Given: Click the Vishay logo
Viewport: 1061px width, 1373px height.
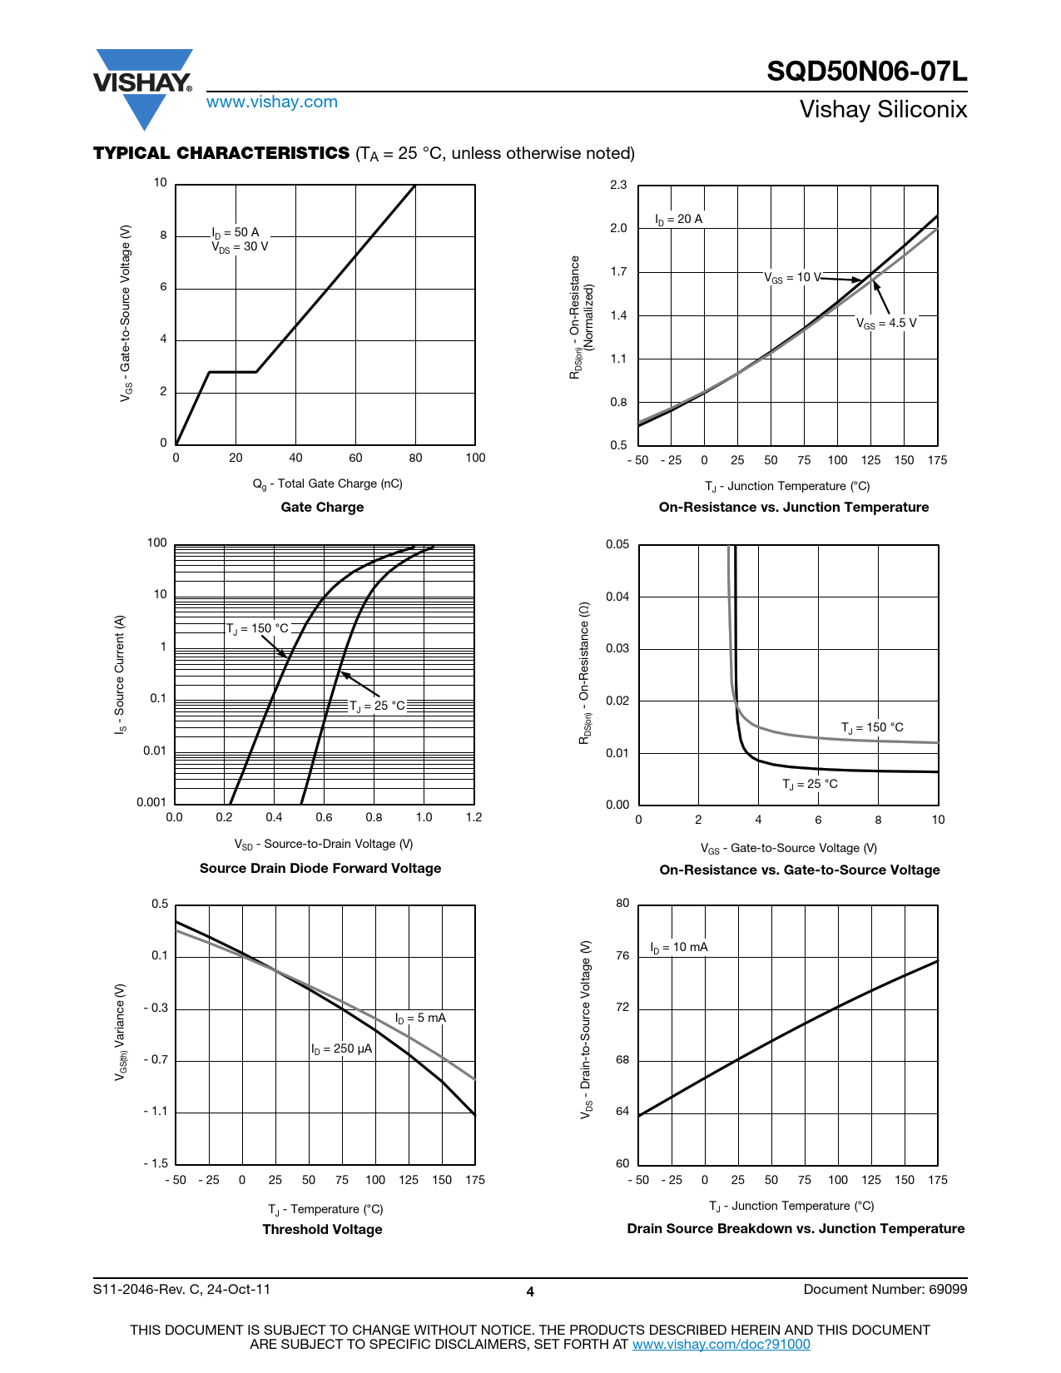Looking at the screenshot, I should point(143,87).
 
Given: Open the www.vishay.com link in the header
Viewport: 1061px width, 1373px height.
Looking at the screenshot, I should point(272,102).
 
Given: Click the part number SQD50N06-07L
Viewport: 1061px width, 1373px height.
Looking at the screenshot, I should point(866,72).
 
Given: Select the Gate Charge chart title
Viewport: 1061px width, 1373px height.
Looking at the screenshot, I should point(322,508).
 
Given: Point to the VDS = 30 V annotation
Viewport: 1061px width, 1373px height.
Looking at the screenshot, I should point(240,247).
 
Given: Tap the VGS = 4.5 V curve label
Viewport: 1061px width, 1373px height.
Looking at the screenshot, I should point(886,324).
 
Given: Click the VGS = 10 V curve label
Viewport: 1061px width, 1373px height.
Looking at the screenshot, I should point(792,278).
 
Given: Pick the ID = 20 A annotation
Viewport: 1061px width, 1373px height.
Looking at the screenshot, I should point(678,220).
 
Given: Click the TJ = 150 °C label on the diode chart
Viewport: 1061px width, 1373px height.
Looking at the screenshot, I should point(257,629).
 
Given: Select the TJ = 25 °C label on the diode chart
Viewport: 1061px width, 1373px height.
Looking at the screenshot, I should point(377,706).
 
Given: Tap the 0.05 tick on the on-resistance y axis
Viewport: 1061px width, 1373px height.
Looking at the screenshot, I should point(617,545).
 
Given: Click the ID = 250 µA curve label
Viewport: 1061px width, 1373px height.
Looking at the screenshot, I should point(341,1049).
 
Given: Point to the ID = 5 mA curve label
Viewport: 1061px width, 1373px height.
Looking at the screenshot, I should point(420,1019).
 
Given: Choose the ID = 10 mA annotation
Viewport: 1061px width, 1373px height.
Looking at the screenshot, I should point(679,948).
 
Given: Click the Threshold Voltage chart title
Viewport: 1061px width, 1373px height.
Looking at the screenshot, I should point(322,1230).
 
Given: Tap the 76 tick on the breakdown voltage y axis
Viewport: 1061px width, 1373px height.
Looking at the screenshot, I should point(622,956).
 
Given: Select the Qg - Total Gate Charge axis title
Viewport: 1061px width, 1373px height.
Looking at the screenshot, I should point(327,484).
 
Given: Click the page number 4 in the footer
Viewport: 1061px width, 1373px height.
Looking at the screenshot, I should point(530,1292).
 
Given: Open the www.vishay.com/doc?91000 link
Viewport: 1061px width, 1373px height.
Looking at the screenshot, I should point(721,1345).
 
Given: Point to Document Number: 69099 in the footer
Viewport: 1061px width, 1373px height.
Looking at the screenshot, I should point(885,1290).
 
